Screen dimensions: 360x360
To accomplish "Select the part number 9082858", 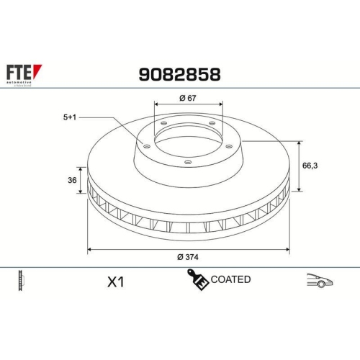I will coord(179,74).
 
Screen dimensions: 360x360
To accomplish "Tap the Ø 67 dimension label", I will coord(187,98).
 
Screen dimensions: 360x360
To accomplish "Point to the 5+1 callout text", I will coord(71,117).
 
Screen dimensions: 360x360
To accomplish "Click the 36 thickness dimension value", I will coord(72,181).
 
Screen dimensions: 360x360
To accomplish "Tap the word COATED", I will coord(230,279).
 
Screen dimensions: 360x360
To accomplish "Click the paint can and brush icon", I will coord(197,279).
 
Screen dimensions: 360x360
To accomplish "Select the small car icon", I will coord(319,280).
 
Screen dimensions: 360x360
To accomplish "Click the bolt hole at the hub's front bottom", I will coord(188,163).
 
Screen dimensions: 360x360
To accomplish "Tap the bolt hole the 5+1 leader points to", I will coord(147,147).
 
